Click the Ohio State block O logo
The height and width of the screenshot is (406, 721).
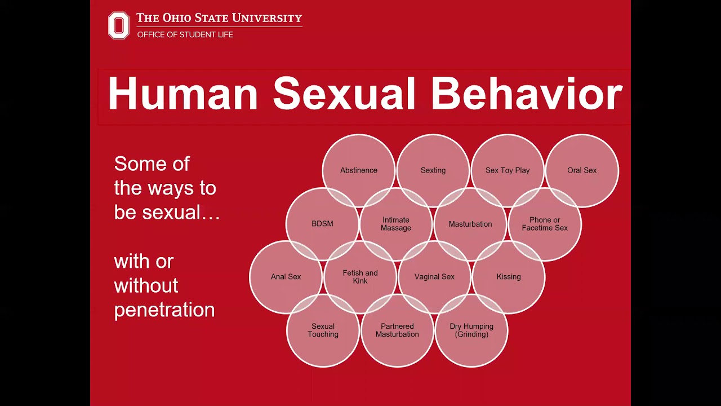point(119,25)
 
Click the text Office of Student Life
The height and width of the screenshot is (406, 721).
point(185,34)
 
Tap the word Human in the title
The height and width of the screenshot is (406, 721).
point(183,94)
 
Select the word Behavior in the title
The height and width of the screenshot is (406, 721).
point(527,94)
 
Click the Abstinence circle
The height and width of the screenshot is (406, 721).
point(359,170)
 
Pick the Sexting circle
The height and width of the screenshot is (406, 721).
point(433,170)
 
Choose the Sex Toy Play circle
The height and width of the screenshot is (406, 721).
point(508,170)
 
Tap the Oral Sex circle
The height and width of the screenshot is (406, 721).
point(582,170)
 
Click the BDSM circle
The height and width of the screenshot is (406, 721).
point(322,224)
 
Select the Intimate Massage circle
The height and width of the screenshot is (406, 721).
point(396,224)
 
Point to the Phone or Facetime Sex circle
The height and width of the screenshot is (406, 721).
point(545,224)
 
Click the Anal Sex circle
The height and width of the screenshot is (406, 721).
point(286,277)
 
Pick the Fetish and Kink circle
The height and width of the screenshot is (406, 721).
point(360,277)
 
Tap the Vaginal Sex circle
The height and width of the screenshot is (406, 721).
point(434,277)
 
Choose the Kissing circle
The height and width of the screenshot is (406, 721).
point(509,277)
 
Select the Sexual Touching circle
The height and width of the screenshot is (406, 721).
point(323,330)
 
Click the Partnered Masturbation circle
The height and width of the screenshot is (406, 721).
point(397,330)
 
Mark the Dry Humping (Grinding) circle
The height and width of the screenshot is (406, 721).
point(471,330)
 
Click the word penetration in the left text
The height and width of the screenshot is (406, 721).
point(164,310)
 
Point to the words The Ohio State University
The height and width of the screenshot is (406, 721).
point(219,18)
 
